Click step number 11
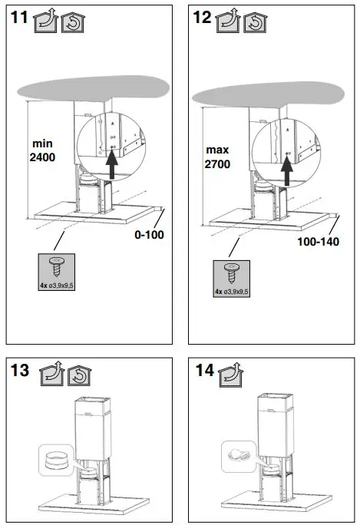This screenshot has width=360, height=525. click(x=21, y=18)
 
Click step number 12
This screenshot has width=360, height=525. click(x=202, y=18)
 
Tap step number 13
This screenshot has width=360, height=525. click(x=21, y=372)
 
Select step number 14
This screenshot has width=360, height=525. click(x=203, y=372)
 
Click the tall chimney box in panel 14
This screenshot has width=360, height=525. click(x=275, y=428)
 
